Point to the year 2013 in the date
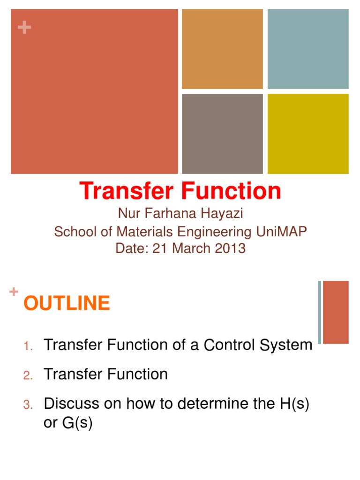(229, 248)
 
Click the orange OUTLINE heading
(67, 304)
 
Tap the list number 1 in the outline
(28, 346)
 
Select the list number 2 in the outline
(28, 375)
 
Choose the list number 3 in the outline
(28, 405)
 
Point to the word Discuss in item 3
(71, 404)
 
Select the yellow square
(307, 134)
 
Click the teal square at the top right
(307, 49)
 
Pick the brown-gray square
(222, 134)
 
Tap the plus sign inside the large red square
(24, 28)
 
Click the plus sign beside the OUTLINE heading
(14, 292)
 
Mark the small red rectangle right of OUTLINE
(336, 312)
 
